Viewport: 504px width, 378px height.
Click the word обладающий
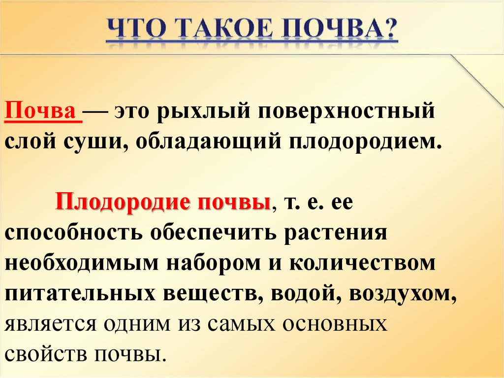205,142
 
